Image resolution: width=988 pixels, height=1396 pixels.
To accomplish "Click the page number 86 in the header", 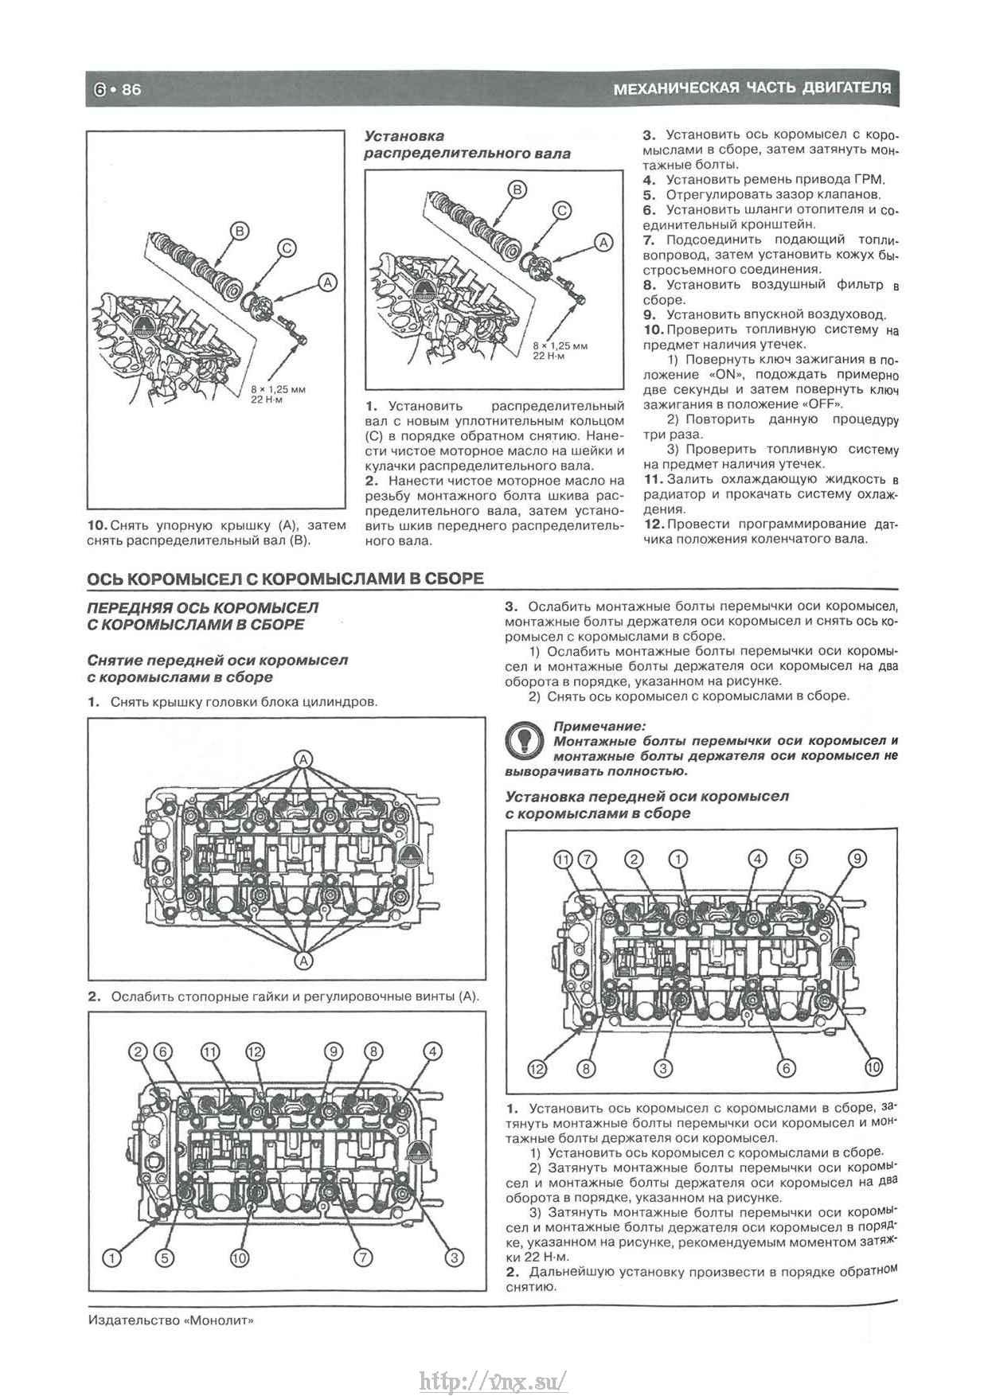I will tap(131, 90).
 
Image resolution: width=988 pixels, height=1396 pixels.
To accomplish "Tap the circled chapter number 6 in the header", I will tap(100, 90).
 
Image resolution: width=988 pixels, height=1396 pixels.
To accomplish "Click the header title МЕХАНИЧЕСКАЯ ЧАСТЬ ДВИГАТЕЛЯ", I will tap(752, 88).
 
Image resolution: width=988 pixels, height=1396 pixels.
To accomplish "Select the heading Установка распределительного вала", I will tap(467, 145).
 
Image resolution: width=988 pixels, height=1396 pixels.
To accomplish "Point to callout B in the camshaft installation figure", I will tap(517, 189).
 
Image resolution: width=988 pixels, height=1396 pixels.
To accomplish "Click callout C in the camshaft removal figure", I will tap(287, 248).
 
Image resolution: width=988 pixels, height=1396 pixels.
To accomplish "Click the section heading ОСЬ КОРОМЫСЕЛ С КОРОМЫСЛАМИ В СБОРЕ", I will tap(285, 579).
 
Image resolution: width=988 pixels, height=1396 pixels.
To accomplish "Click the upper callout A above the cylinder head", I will tap(303, 759).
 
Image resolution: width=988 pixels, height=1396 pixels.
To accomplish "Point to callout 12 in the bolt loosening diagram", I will tap(254, 1052).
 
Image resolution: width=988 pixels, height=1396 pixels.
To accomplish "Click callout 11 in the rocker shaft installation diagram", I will tap(563, 859).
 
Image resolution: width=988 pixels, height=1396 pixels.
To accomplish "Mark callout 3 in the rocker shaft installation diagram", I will tap(663, 1068).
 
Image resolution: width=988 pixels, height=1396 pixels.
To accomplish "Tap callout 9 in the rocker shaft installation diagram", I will tap(857, 859).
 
